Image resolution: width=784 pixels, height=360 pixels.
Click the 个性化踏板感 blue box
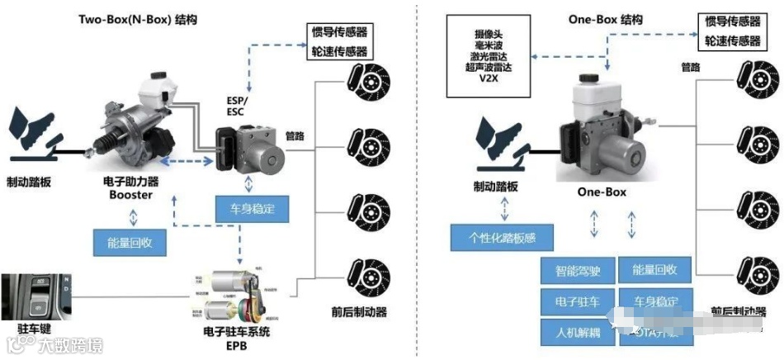[502, 238]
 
